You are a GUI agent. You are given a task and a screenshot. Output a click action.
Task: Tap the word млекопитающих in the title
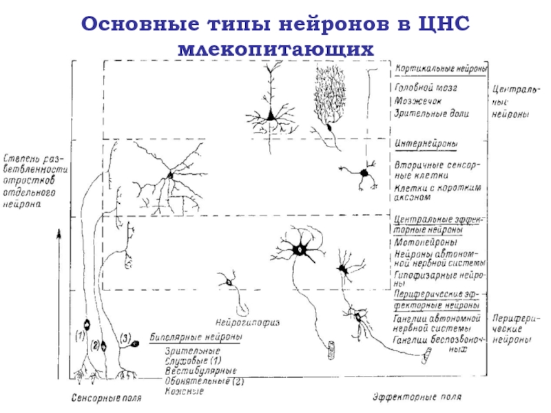[x=275, y=50]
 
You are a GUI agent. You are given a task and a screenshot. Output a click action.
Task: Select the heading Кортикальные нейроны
[x=441, y=70]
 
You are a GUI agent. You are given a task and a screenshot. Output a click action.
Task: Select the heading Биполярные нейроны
[x=196, y=338]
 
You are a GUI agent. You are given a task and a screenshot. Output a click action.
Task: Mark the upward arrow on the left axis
[x=60, y=237]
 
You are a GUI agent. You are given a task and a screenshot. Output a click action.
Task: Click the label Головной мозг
[x=426, y=87]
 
